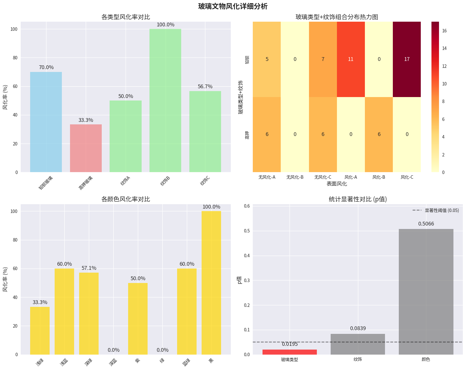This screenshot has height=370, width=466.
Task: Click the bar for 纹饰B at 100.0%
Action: tap(165, 101)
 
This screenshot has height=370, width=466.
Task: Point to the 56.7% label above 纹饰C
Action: tap(205, 87)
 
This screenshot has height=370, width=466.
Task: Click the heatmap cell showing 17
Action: tap(407, 59)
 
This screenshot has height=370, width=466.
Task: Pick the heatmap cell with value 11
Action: tap(351, 59)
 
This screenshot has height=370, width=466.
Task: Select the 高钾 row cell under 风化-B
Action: tap(379, 134)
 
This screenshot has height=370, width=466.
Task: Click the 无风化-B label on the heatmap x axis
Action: tap(295, 177)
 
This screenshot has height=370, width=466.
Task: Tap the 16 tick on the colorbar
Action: tap(444, 31)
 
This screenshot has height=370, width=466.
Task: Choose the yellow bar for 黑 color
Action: tap(211, 283)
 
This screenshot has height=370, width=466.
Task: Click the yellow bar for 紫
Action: tap(138, 318)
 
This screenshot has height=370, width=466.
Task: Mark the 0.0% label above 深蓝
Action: tap(113, 350)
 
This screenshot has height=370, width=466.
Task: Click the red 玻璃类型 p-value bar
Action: tap(290, 352)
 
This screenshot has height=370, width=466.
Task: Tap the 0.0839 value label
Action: tap(358, 329)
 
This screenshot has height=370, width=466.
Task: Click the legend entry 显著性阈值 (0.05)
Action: tap(442, 210)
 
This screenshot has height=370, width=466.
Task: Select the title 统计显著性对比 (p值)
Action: tap(358, 199)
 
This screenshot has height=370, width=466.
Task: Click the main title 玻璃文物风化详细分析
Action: tap(233, 6)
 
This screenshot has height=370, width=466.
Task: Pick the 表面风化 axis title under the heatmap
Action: tap(337, 184)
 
